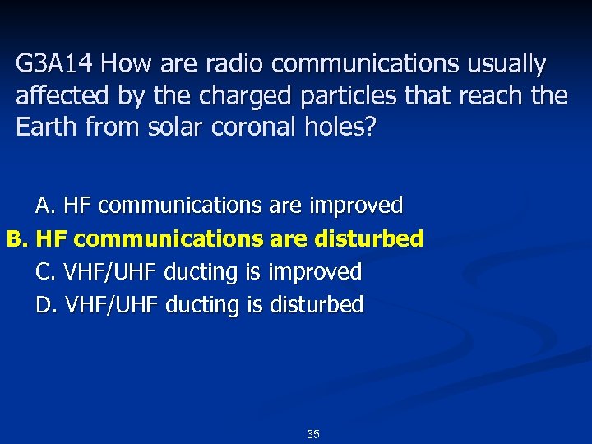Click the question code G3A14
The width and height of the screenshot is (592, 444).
[x=57, y=63]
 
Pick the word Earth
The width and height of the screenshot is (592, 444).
[x=45, y=128]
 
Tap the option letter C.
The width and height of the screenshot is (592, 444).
[x=44, y=271]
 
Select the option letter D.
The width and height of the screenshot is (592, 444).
[x=45, y=305]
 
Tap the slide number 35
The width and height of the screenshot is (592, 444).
[x=313, y=434]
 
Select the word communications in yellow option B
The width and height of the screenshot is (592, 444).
[x=172, y=239]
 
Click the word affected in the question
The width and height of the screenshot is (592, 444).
[x=62, y=96]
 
